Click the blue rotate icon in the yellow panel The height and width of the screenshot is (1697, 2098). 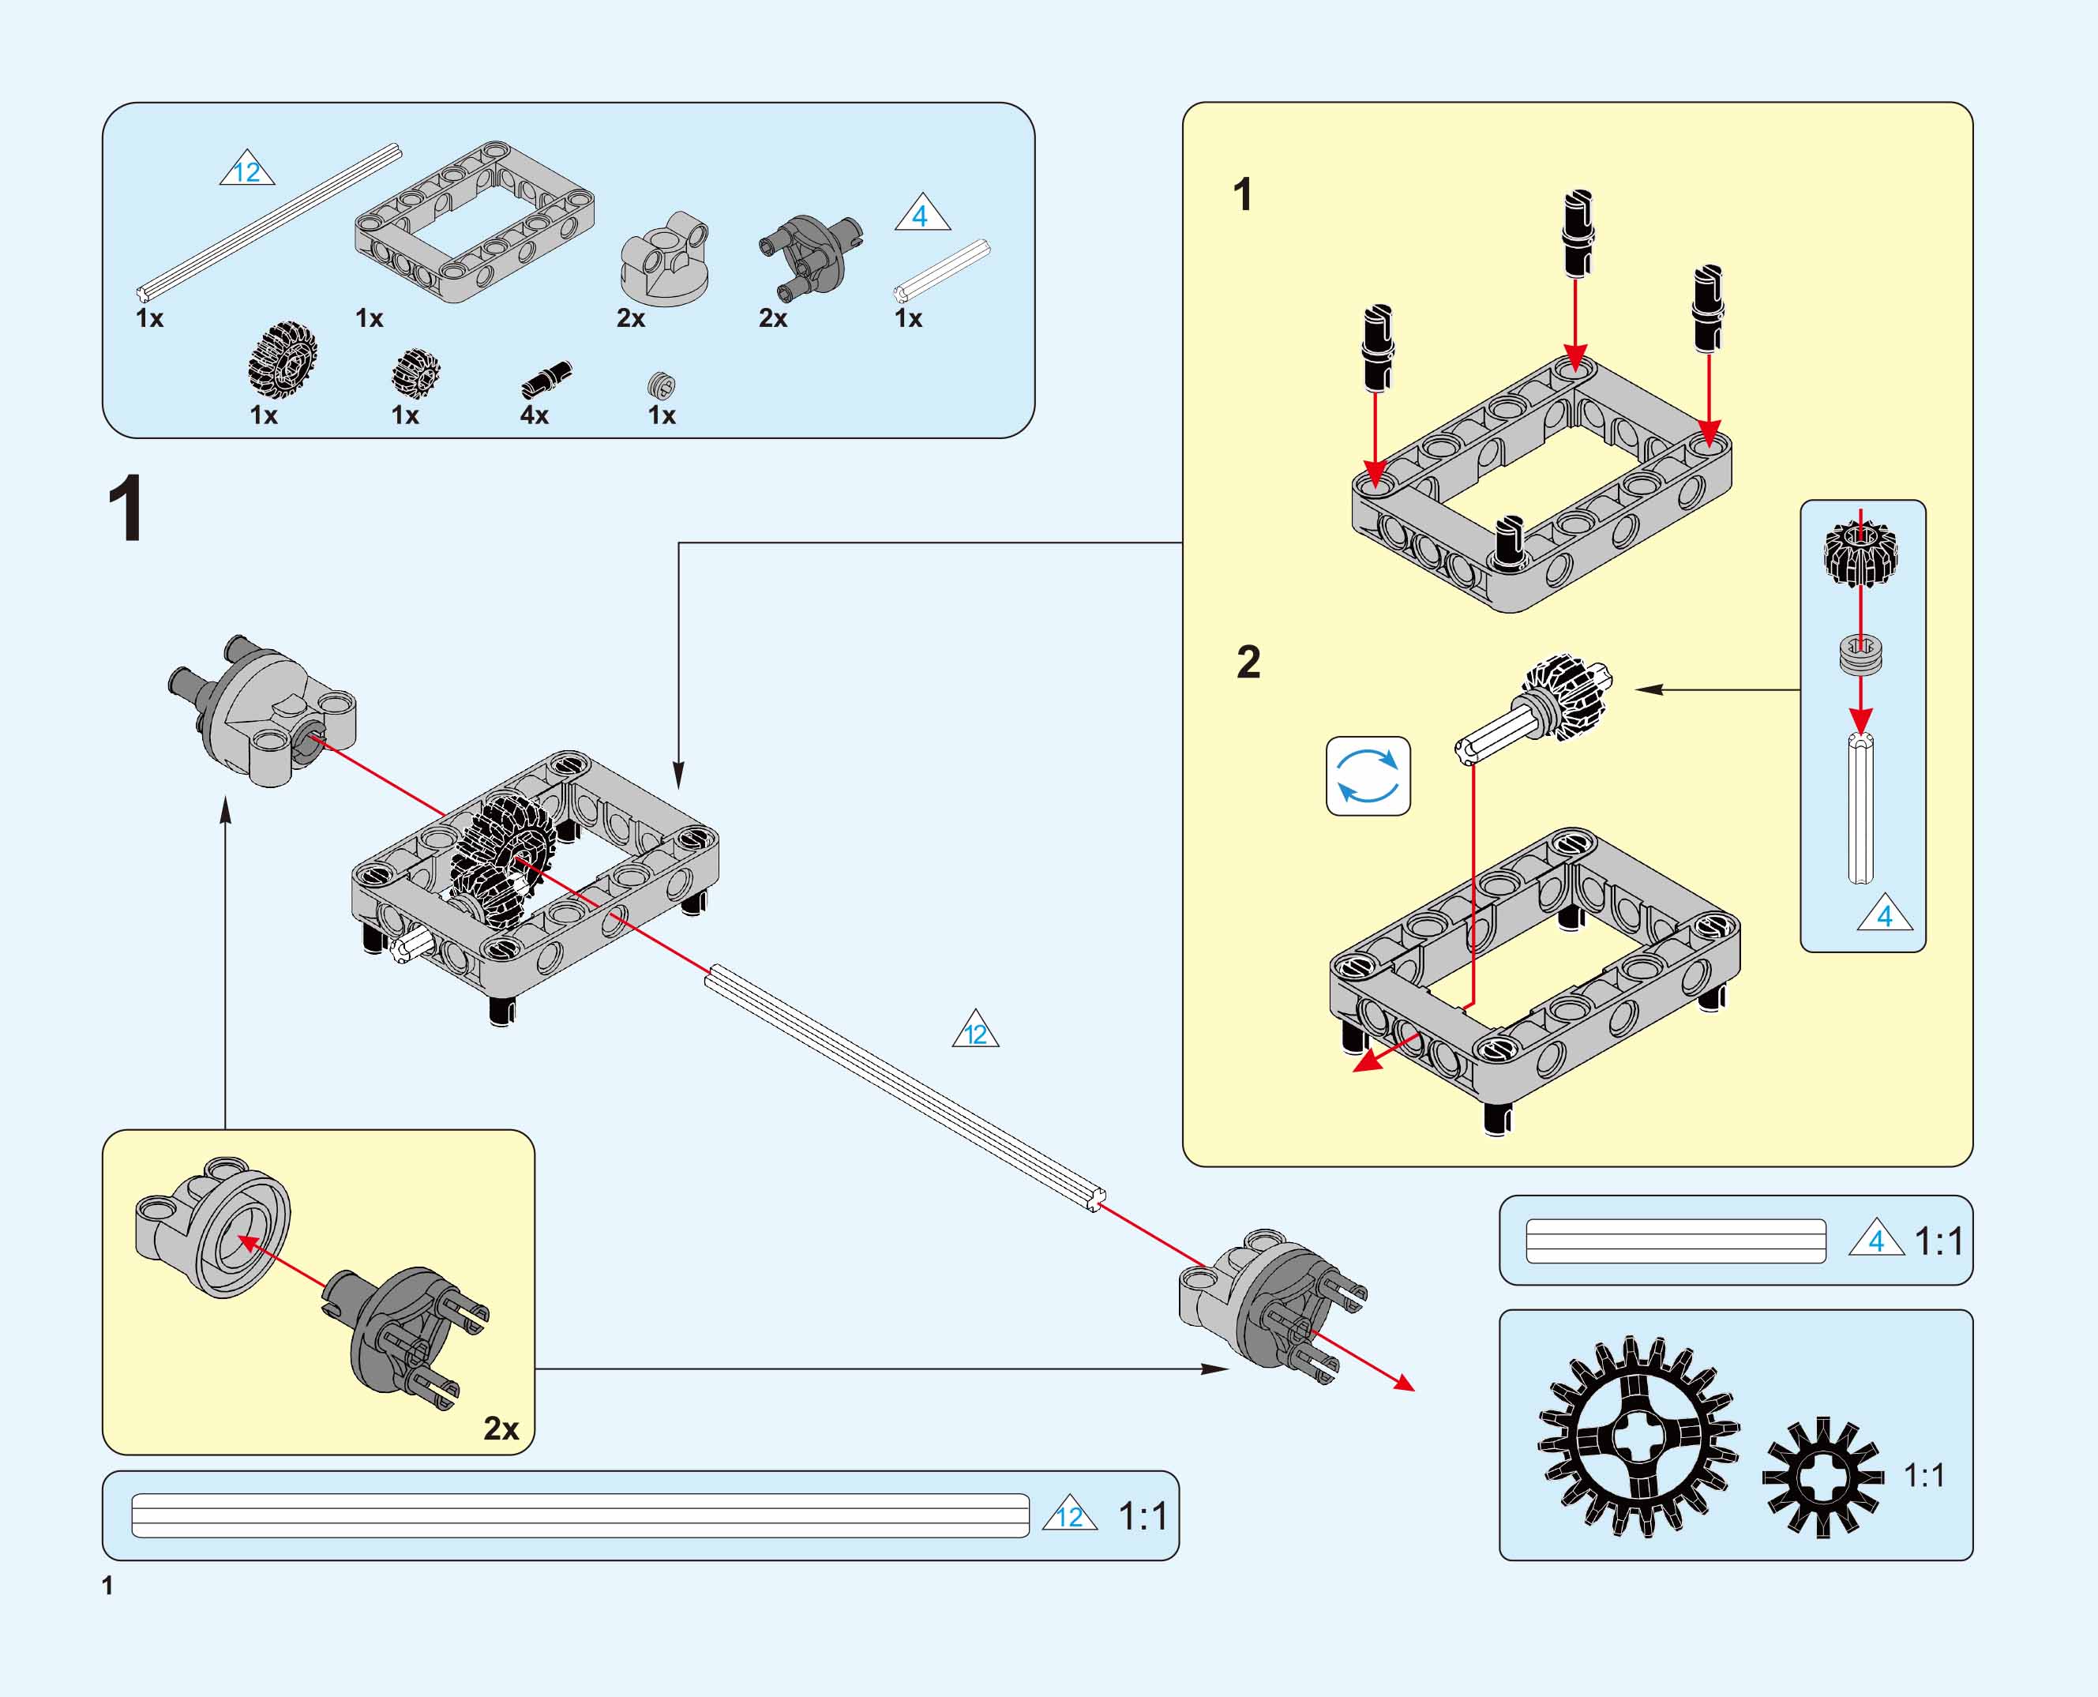1368,776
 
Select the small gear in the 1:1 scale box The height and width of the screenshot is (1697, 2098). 1822,1476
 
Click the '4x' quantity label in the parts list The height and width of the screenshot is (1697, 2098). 534,415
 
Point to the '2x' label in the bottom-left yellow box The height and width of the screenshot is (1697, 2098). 501,1429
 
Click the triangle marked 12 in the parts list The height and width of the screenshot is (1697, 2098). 247,170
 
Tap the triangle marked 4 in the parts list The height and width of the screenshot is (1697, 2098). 921,214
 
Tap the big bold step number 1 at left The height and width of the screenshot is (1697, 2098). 126,509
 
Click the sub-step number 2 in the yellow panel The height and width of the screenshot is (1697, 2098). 1248,663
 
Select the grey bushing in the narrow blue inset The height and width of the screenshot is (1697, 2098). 1860,654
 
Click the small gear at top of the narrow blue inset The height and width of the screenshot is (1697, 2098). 1860,552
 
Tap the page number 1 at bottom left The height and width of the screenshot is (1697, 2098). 107,1586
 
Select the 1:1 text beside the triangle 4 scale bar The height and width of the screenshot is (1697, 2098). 1938,1241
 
